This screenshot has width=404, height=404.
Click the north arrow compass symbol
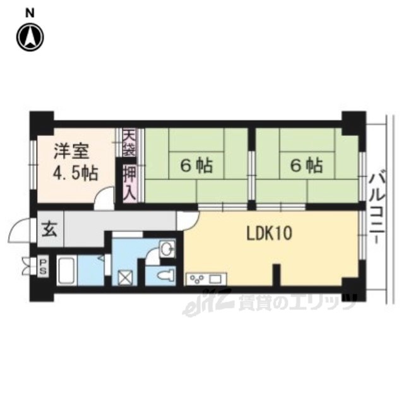tap(30, 37)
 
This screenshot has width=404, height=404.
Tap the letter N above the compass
tap(30, 13)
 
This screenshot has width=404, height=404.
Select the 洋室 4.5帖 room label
tap(75, 162)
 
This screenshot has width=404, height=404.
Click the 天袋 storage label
tap(129, 143)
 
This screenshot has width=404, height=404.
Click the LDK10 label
tap(269, 233)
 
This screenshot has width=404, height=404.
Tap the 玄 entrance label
tap(50, 229)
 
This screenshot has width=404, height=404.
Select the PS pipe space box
tap(43, 266)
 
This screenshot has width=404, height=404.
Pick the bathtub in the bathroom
tap(66, 270)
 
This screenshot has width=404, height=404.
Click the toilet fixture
tap(166, 276)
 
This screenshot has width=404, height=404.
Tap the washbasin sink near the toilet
tap(167, 249)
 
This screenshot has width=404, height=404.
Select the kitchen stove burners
tap(197, 279)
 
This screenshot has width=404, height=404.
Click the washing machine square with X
tap(126, 278)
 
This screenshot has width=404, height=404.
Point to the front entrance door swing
tap(20, 230)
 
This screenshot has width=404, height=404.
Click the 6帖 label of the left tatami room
tap(196, 165)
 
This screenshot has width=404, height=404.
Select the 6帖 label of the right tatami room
tap(307, 165)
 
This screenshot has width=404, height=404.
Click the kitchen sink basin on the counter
tap(215, 279)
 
